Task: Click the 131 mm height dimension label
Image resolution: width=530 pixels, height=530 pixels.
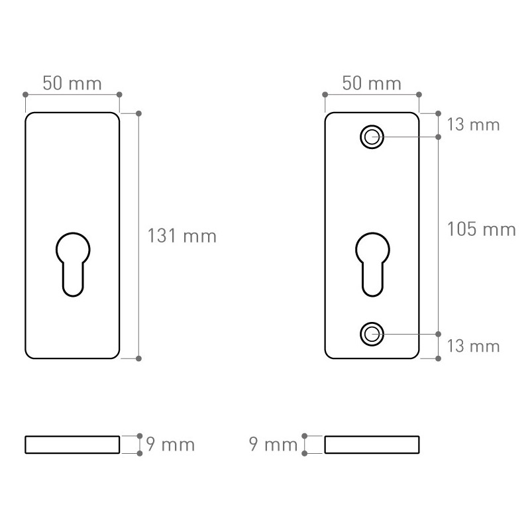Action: [x=182, y=236]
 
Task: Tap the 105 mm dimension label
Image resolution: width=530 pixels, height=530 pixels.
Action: [x=482, y=229]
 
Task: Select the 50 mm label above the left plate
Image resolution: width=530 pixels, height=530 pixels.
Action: [x=72, y=83]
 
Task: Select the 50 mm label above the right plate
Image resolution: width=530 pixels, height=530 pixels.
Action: [x=372, y=83]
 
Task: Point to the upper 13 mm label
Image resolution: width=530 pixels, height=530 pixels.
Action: [x=473, y=125]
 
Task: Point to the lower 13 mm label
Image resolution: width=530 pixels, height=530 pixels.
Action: [x=473, y=346]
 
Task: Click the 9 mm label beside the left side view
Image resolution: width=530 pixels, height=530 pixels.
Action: [x=170, y=444]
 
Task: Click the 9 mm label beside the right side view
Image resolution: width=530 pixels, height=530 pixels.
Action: [x=273, y=444]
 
